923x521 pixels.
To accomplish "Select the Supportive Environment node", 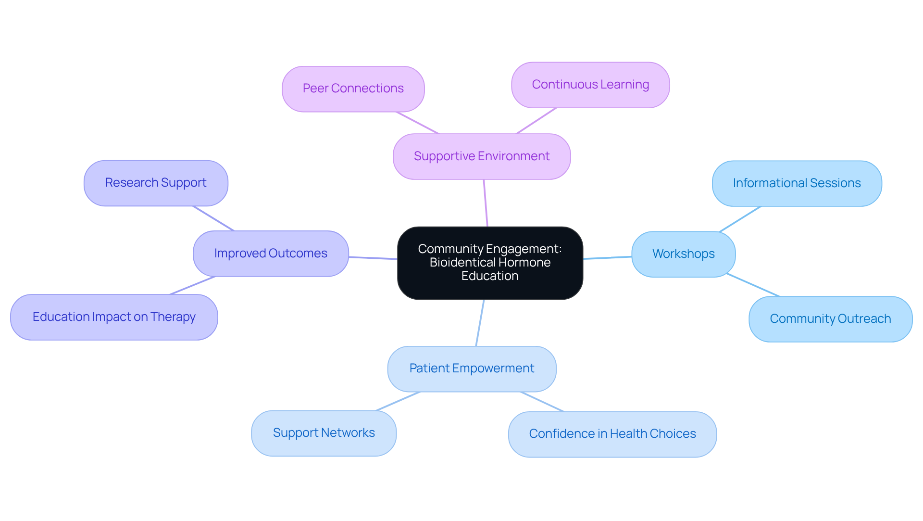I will pyautogui.click(x=482, y=156).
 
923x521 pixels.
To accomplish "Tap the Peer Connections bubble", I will pyautogui.click(x=353, y=89).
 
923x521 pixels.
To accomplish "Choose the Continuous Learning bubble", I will pyautogui.click(x=590, y=85).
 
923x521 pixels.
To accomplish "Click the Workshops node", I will pyautogui.click(x=683, y=254).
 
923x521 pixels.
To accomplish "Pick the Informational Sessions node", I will pyautogui.click(x=797, y=183).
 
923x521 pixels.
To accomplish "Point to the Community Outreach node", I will pyautogui.click(x=830, y=319).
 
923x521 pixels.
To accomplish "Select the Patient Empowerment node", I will pyautogui.click(x=472, y=369).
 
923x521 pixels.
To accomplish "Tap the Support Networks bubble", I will pyautogui.click(x=324, y=433).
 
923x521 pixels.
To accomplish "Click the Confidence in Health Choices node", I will pyautogui.click(x=612, y=434).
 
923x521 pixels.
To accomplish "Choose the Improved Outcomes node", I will pyautogui.click(x=271, y=254).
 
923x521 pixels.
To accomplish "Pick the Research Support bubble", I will pyautogui.click(x=156, y=183).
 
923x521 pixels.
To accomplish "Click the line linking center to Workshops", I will pyautogui.click(x=608, y=258).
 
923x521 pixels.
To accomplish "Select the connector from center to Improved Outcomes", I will pyautogui.click(x=373, y=258).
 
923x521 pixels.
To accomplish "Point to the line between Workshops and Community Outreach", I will pyautogui.click(x=753, y=285).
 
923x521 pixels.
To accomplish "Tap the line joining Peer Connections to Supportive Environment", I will pyautogui.click(x=417, y=123).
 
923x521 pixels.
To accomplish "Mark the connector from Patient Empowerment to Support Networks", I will pyautogui.click(x=398, y=401).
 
